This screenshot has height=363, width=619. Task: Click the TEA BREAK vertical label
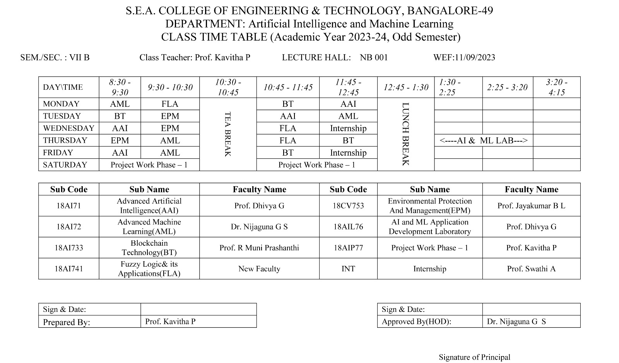[x=228, y=134]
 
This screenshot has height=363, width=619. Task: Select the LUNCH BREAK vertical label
[x=405, y=134]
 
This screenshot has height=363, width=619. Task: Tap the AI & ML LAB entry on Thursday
[x=484, y=140]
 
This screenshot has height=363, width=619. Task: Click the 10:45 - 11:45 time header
[x=288, y=87]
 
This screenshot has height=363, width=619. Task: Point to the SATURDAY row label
[x=65, y=165]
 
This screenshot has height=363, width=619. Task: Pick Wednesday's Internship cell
[x=348, y=128]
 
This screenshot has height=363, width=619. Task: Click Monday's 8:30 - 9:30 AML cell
[x=120, y=104]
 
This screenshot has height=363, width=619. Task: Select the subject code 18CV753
[x=348, y=206]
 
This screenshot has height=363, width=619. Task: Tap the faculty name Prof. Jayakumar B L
[x=531, y=206]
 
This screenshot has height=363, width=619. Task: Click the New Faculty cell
[x=259, y=269]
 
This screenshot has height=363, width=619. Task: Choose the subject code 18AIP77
[x=348, y=248]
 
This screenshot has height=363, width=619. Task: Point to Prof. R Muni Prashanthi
[x=259, y=248]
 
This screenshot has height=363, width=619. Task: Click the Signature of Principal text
[x=474, y=357]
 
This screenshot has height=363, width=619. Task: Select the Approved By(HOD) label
[x=416, y=322]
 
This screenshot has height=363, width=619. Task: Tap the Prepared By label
[x=67, y=322]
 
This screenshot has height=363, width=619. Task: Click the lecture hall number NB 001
[x=374, y=58]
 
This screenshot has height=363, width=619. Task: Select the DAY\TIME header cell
[x=63, y=87]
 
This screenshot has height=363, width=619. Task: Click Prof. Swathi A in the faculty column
[x=531, y=269]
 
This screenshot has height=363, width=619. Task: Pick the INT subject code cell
[x=348, y=269]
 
